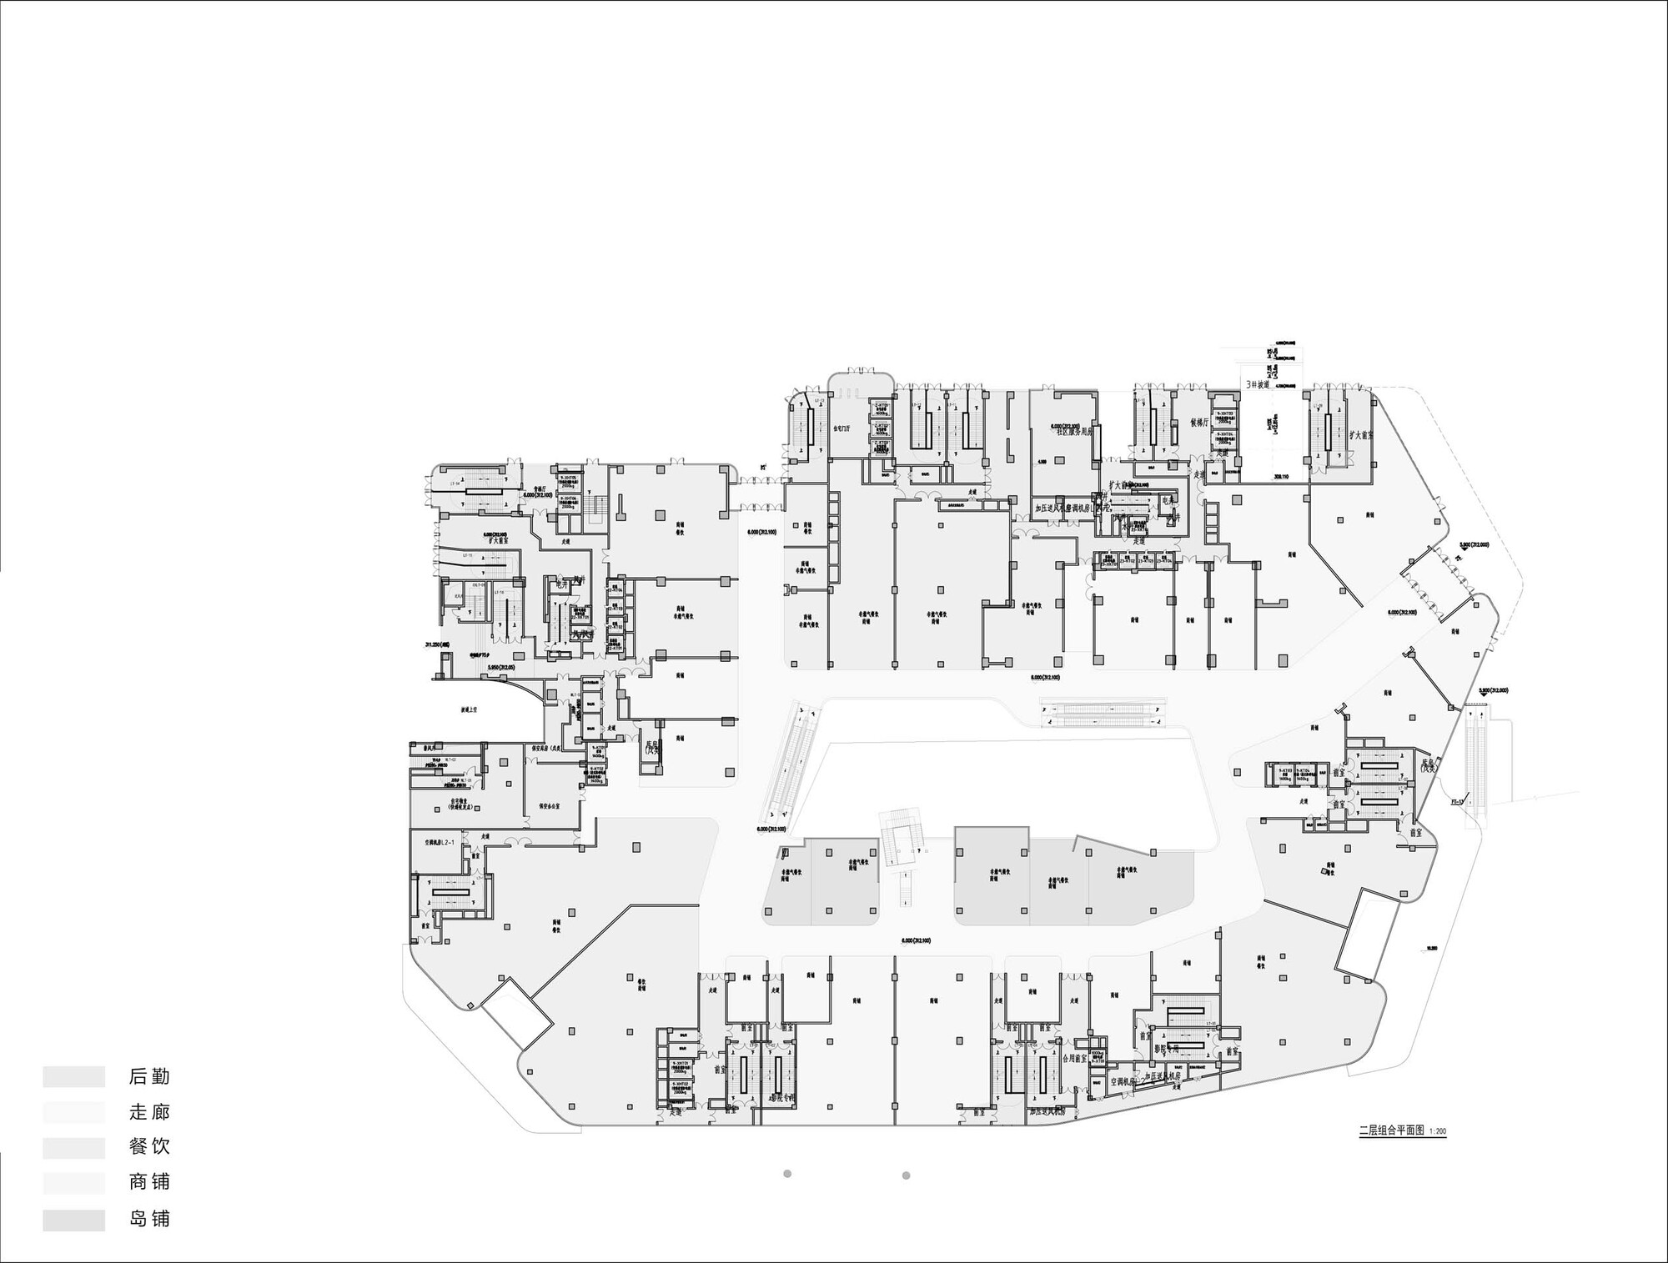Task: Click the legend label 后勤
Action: [x=149, y=1076]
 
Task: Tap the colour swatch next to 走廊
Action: [x=74, y=1112]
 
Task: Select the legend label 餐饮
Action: [x=149, y=1147]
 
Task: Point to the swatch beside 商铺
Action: [x=74, y=1183]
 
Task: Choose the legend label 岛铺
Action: [x=149, y=1219]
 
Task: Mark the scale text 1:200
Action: [x=1437, y=1132]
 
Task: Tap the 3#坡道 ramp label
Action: [x=1257, y=385]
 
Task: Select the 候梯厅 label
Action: [x=1199, y=423]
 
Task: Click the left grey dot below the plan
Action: [x=787, y=1174]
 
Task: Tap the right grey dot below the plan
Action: [x=907, y=1175]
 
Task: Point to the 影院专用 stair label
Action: [x=1167, y=1049]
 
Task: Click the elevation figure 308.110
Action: [x=1280, y=477]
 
